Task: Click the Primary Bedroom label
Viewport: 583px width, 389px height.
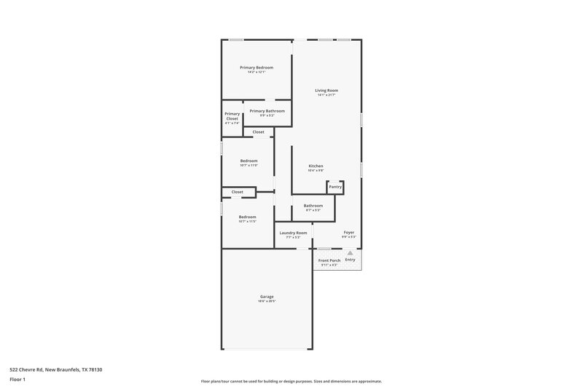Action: click(x=257, y=67)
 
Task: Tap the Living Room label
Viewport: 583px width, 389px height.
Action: click(x=326, y=90)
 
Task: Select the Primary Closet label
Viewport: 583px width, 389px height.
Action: click(x=232, y=116)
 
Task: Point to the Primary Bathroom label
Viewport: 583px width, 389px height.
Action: click(x=267, y=111)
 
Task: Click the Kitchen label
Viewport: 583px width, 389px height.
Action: click(x=316, y=166)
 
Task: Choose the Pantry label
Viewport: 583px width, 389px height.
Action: click(x=335, y=187)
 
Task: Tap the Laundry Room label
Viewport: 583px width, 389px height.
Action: click(x=293, y=233)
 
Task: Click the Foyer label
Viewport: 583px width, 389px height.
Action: click(x=349, y=233)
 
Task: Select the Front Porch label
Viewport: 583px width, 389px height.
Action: click(x=329, y=261)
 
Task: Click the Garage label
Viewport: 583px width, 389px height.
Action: click(x=267, y=296)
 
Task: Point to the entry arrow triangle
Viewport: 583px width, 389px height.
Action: click(x=350, y=253)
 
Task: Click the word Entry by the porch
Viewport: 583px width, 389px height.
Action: click(x=350, y=260)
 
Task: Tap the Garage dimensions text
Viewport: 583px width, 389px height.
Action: click(x=267, y=301)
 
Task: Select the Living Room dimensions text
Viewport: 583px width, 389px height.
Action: click(x=326, y=95)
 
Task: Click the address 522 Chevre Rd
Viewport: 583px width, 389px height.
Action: click(x=51, y=369)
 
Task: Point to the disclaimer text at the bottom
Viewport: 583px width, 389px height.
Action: click(x=291, y=381)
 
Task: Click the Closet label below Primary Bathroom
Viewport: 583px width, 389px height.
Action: click(x=258, y=132)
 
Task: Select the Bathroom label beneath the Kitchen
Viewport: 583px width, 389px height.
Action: click(x=313, y=206)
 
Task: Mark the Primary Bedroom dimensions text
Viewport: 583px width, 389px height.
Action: click(x=257, y=72)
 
